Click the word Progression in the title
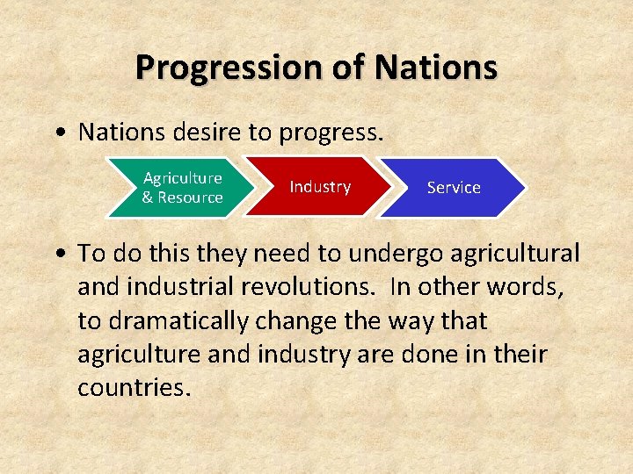coord(228,67)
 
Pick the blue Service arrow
coord(454,187)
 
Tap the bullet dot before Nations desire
coord(58,133)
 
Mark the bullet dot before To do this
coord(58,255)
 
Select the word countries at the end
coord(134,388)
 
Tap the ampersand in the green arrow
coord(148,197)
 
